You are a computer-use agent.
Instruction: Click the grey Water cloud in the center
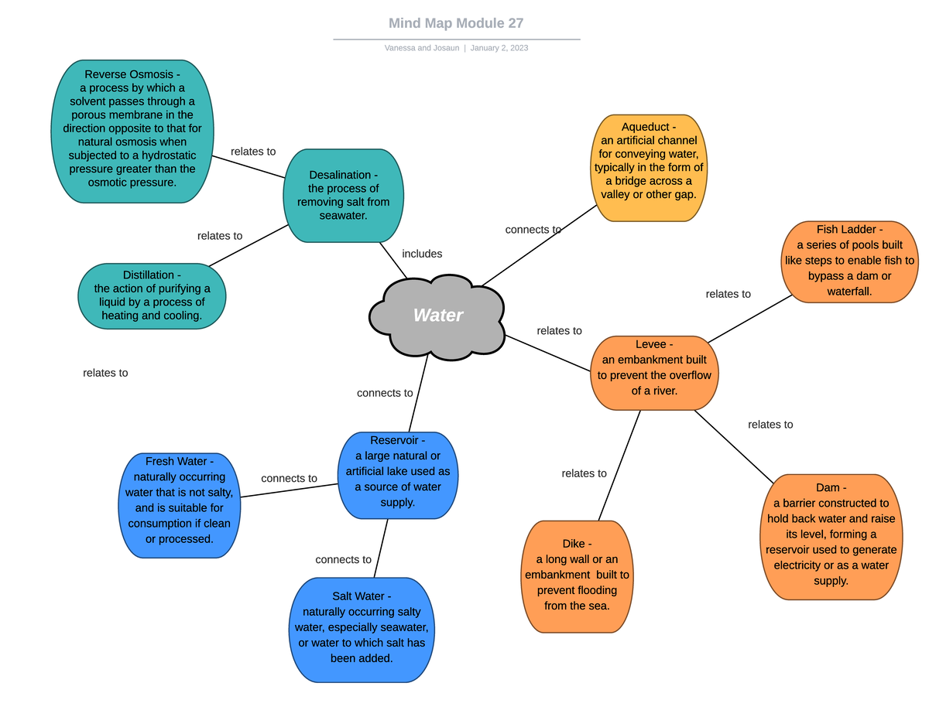pyautogui.click(x=437, y=316)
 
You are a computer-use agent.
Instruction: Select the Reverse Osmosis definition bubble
pyautogui.click(x=132, y=131)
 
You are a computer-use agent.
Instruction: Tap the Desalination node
pyautogui.click(x=343, y=195)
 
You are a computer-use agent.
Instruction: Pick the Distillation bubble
pyautogui.click(x=152, y=295)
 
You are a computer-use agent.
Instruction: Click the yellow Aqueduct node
pyautogui.click(x=649, y=168)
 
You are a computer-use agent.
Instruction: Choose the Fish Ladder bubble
pyautogui.click(x=849, y=261)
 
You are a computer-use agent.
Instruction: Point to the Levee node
pyautogui.click(x=654, y=373)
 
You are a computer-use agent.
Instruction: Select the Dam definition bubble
pyautogui.click(x=831, y=536)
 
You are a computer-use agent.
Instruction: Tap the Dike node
pyautogui.click(x=577, y=576)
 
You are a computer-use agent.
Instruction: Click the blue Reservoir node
pyautogui.click(x=398, y=475)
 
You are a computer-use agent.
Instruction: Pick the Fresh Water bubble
pyautogui.click(x=179, y=505)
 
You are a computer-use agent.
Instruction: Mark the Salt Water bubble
pyautogui.click(x=362, y=630)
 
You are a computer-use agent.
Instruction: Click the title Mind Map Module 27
pyautogui.click(x=456, y=23)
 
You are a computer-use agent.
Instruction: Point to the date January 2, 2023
pyautogui.click(x=499, y=48)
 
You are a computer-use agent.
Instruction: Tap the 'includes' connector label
pyautogui.click(x=422, y=254)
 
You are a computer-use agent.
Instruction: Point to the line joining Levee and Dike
pyautogui.click(x=619, y=465)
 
